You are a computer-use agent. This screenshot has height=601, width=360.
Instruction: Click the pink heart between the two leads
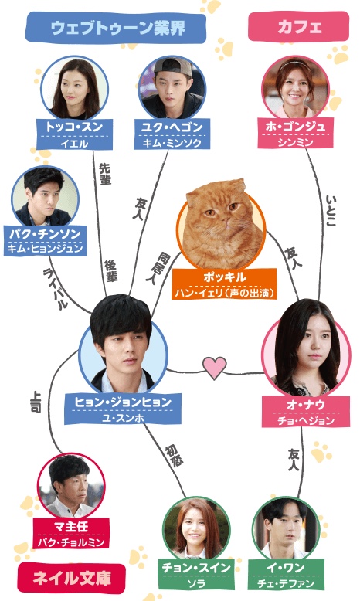[x=215, y=367]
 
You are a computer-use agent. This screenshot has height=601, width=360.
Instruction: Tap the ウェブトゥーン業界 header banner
[x=116, y=28]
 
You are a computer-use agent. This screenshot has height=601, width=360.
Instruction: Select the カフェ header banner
[x=299, y=26]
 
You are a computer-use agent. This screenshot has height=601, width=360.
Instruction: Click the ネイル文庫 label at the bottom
[x=72, y=579]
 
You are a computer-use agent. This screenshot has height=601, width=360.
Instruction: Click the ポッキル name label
[x=224, y=284]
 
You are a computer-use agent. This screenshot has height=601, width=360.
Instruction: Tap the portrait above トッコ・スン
[x=75, y=89]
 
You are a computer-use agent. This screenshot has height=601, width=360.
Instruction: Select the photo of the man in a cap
[x=172, y=89]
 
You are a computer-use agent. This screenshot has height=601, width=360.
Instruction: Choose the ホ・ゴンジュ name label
[x=295, y=134]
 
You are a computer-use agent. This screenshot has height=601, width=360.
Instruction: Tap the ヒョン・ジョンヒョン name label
[x=123, y=409]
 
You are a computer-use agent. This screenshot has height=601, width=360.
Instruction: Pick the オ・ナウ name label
[x=306, y=412]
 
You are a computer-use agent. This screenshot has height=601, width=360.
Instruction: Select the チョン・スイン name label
[x=196, y=575]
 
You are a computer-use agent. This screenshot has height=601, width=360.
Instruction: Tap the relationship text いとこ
[x=331, y=211]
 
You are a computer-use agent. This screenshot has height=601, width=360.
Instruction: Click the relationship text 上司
[x=36, y=402]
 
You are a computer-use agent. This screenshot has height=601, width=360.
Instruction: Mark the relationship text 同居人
[x=158, y=267]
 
